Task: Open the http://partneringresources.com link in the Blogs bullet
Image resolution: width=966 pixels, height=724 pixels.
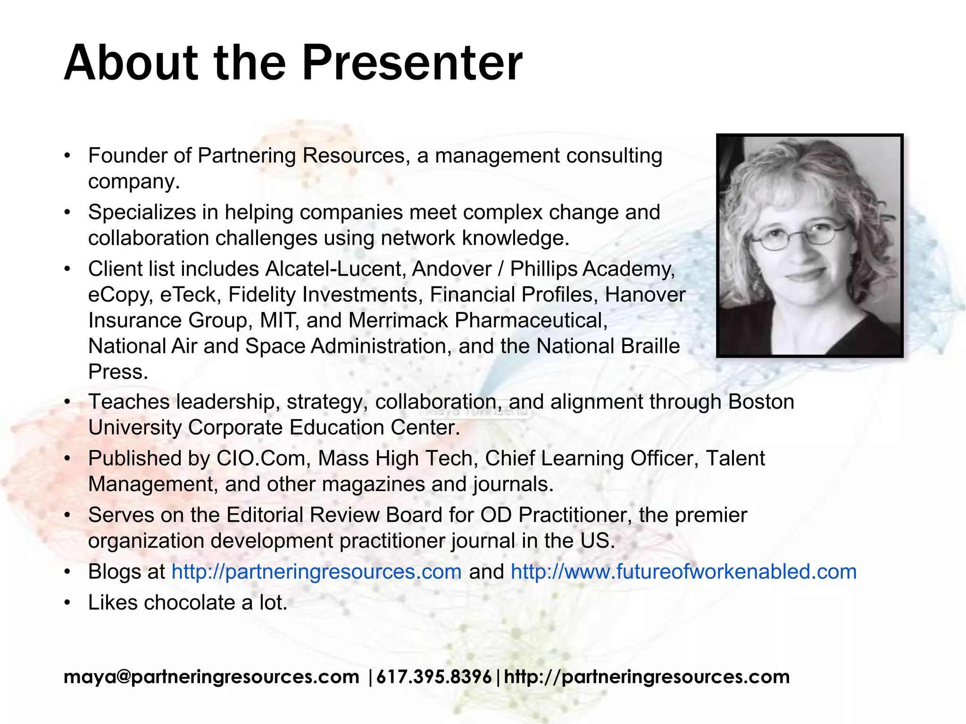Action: click(x=316, y=572)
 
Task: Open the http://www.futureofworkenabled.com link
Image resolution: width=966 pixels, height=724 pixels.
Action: click(x=683, y=572)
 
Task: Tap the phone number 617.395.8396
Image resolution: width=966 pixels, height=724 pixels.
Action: click(x=434, y=677)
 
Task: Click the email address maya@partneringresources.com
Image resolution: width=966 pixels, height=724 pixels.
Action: click(x=211, y=677)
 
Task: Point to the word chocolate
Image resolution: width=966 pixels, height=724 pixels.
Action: click(x=189, y=602)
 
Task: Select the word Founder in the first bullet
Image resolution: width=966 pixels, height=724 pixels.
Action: click(x=126, y=156)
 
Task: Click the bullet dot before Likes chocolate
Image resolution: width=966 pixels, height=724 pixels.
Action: click(x=68, y=602)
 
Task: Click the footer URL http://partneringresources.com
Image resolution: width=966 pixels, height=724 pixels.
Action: click(x=647, y=677)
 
